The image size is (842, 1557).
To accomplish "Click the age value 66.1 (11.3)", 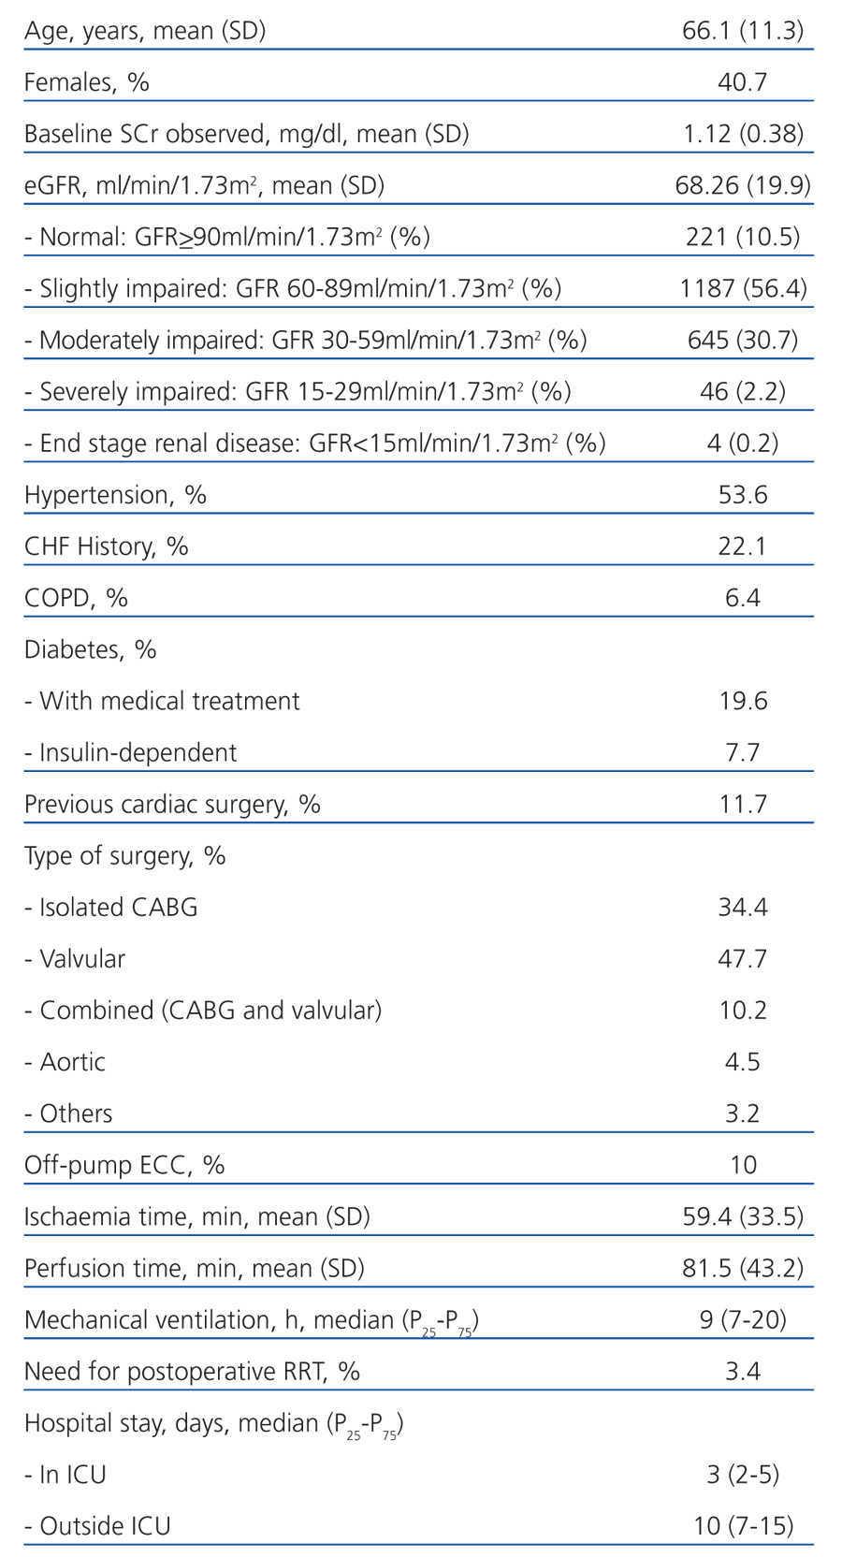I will pyautogui.click(x=743, y=31).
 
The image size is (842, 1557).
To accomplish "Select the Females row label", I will pyautogui.click(x=86, y=82).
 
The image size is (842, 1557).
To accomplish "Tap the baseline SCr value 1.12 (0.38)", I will pyautogui.click(x=743, y=134).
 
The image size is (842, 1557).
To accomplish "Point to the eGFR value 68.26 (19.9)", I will pyautogui.click(x=743, y=185).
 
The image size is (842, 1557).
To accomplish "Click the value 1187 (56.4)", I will pyautogui.click(x=743, y=288).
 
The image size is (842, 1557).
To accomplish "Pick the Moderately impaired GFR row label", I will pyautogui.click(x=305, y=340).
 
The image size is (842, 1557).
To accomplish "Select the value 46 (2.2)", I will pyautogui.click(x=743, y=391).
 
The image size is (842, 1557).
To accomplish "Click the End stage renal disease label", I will pyautogui.click(x=314, y=443).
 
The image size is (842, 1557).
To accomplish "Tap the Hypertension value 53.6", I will pyautogui.click(x=743, y=494).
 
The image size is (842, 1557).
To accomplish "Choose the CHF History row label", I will pyautogui.click(x=106, y=546).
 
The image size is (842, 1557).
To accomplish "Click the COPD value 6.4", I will pyautogui.click(x=743, y=597).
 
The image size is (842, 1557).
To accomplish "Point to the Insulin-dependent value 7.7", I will pyautogui.click(x=743, y=752).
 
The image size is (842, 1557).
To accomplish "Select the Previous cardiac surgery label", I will pyautogui.click(x=172, y=804).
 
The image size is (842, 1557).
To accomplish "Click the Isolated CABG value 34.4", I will pyautogui.click(x=743, y=907).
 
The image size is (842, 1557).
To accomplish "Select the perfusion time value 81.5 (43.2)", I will pyautogui.click(x=743, y=1268).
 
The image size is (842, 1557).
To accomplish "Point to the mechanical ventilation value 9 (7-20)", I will pyautogui.click(x=743, y=1319).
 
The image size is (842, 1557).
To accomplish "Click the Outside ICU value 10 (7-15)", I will pyautogui.click(x=743, y=1526).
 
